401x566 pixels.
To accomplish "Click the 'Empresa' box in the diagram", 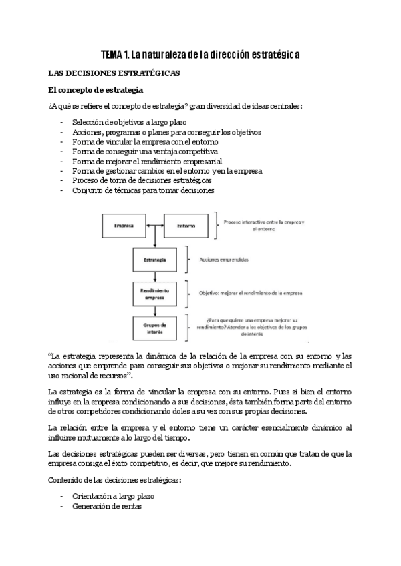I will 125,226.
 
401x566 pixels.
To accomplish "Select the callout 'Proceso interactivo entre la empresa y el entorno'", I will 265,224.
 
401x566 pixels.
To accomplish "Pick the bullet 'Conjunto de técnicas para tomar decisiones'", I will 142,190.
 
